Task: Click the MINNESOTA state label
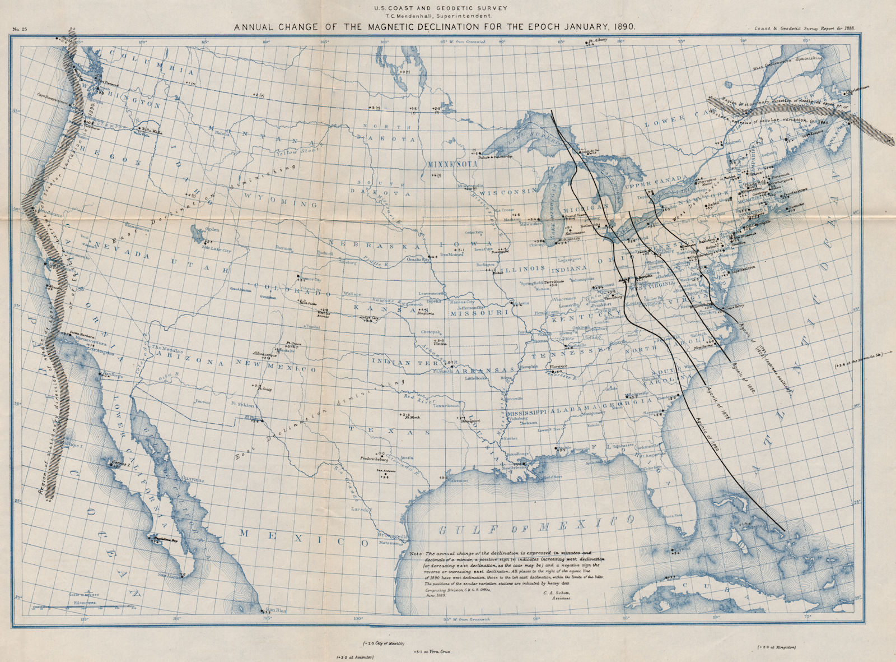451,165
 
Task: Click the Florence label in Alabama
557,366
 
